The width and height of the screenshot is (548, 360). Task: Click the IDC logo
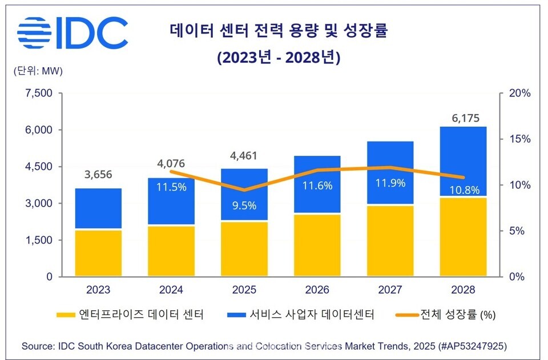tap(72, 33)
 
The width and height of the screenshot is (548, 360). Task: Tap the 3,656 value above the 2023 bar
tap(98, 175)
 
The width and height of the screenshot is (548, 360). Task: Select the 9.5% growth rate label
tap(244, 204)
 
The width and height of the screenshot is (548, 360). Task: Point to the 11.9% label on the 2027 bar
tap(390, 183)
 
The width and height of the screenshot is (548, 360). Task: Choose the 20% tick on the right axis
tap(519, 94)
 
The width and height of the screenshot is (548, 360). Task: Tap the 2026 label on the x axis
tap(317, 290)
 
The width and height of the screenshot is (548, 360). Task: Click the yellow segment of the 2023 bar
tap(98, 253)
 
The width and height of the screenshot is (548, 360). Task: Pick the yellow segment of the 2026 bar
tap(317, 245)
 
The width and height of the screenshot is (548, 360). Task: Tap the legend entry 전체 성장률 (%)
tap(443, 314)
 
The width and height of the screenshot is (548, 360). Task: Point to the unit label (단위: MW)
tap(38, 71)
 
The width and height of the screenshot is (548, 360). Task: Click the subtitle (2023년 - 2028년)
tap(279, 58)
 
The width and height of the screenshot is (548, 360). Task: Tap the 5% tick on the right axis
tap(517, 231)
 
